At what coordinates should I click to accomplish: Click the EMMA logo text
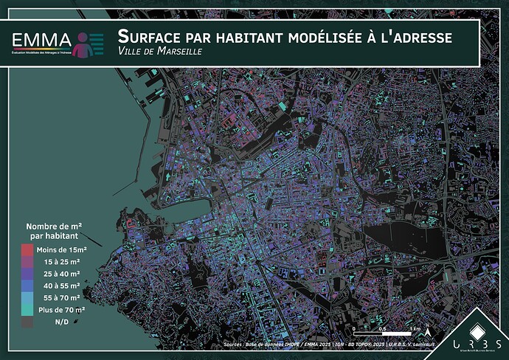(x=42, y=40)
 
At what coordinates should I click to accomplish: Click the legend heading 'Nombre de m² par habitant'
(x=54, y=231)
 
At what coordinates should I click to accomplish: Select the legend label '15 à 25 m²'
(x=63, y=261)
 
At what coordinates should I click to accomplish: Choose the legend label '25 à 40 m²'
(x=63, y=273)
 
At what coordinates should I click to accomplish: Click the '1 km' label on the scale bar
(x=417, y=328)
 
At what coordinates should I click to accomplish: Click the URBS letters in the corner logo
(x=477, y=346)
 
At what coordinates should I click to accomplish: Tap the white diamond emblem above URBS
(x=477, y=328)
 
